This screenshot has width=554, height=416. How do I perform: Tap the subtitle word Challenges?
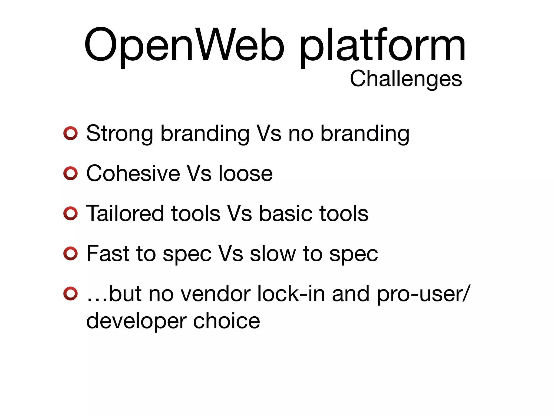pyautogui.click(x=406, y=79)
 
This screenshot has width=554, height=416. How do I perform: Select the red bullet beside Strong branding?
pyautogui.click(x=71, y=133)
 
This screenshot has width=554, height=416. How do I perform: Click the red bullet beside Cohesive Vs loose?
pyautogui.click(x=71, y=173)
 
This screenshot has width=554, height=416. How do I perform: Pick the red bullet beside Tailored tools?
pyautogui.click(x=71, y=213)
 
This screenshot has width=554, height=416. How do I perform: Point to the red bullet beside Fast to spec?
pyautogui.click(x=71, y=253)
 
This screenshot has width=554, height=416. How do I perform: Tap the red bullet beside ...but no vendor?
pyautogui.click(x=71, y=294)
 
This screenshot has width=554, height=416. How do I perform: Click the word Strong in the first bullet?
pyautogui.click(x=120, y=133)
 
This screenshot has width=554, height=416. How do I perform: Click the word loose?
pyautogui.click(x=245, y=173)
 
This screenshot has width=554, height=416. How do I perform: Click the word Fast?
pyautogui.click(x=108, y=253)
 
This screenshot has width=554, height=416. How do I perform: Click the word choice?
pyautogui.click(x=226, y=320)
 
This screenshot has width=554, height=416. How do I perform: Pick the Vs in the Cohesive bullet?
pyautogui.click(x=199, y=173)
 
